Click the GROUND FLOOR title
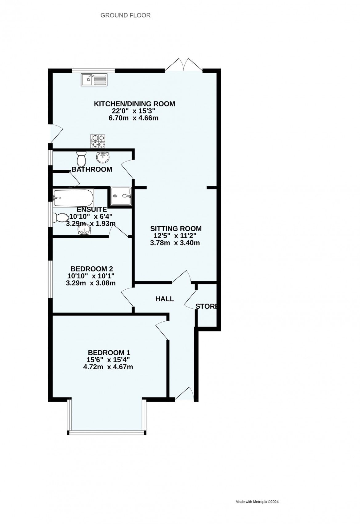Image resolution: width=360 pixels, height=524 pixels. (126, 15)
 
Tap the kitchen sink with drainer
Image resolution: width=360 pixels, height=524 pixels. (94, 80)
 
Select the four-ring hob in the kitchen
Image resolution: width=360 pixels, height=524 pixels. (98, 141)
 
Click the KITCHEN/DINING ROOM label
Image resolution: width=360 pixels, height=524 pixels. (134, 104)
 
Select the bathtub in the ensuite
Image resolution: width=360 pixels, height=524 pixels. (73, 198)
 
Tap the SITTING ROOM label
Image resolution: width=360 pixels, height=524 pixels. (176, 228)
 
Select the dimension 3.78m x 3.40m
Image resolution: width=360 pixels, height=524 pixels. (175, 243)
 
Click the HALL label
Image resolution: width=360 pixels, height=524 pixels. (165, 299)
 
